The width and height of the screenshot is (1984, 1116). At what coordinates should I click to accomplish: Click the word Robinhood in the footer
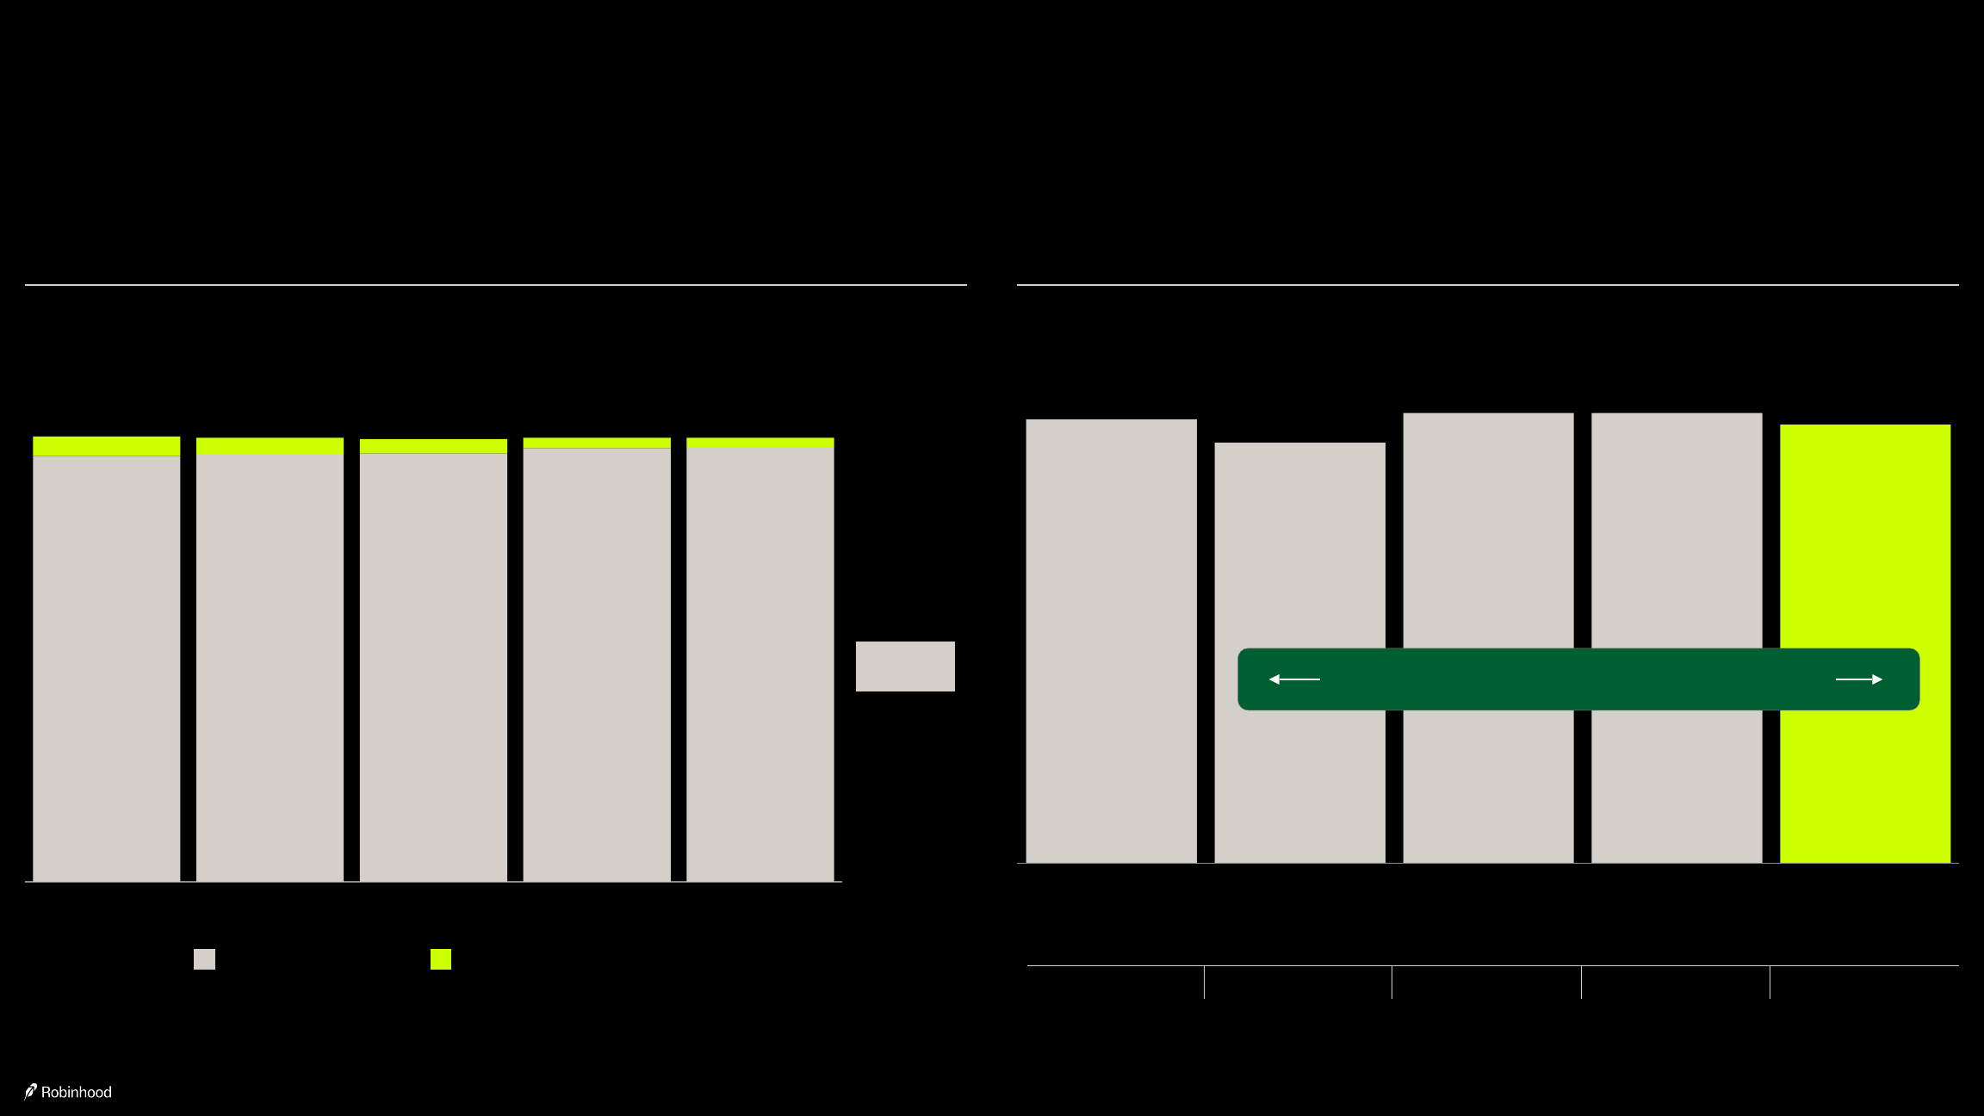coord(77,1092)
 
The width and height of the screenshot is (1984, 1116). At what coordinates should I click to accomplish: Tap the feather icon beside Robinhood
coord(31,1091)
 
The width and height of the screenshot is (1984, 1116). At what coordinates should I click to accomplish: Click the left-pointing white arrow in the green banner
coord(1294,679)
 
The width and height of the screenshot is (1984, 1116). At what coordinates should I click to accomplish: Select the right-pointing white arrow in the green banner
coord(1859,679)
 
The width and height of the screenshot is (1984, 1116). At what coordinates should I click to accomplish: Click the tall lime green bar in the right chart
coord(1865,643)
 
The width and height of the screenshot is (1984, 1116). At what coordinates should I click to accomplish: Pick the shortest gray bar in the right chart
coord(1299,653)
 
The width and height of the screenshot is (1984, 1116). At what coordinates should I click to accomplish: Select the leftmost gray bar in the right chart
coord(1111,641)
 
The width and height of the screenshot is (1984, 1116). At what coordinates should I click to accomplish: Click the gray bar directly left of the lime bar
coord(1677,638)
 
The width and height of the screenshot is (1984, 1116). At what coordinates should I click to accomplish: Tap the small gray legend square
coord(204,959)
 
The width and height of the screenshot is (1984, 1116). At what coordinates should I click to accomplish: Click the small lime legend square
coord(441,959)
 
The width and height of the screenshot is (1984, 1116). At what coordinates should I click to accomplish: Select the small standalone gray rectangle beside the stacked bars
coord(905,666)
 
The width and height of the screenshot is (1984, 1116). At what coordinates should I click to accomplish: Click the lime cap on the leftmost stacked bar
coord(107,446)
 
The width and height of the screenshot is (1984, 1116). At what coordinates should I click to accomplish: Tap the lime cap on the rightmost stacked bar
coord(760,443)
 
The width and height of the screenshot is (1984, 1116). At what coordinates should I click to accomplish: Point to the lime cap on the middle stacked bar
coord(433,446)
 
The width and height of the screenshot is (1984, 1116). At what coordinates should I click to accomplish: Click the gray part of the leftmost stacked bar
coord(107,668)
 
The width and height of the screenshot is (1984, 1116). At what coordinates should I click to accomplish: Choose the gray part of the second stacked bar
coord(270,667)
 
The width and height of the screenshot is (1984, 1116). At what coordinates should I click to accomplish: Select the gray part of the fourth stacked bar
coord(597,665)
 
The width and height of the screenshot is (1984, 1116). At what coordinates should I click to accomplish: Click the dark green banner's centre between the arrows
coord(1578,679)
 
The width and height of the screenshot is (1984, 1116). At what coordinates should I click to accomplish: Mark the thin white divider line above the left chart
coord(496,284)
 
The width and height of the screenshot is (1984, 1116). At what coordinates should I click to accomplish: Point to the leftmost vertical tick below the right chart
coord(1204,983)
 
